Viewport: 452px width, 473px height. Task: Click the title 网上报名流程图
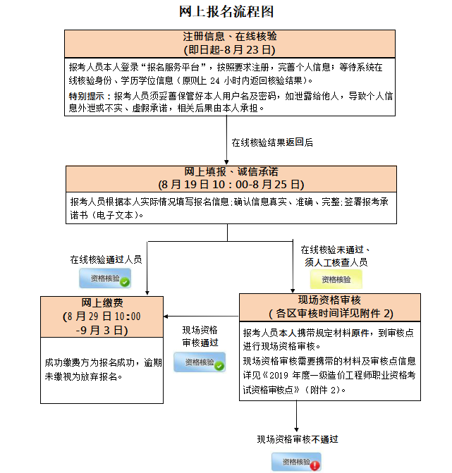click(226, 11)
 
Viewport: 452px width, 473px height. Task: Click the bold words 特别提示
click(89, 96)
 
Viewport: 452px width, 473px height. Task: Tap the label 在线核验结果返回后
click(272, 142)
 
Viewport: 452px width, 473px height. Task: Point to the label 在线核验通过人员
click(106, 259)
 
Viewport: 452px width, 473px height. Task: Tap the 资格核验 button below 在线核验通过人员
click(104, 278)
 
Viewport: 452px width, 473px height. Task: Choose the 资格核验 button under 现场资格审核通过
click(200, 362)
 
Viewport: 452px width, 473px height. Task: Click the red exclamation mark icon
click(314, 465)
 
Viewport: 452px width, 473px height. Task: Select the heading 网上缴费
click(103, 302)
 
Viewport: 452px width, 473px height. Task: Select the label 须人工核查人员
click(336, 262)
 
